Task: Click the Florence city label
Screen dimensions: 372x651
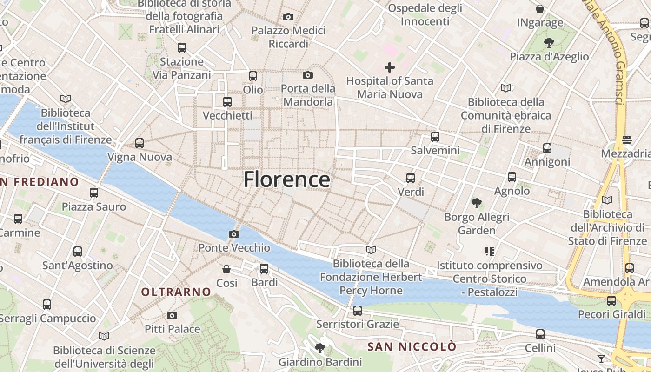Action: pyautogui.click(x=287, y=179)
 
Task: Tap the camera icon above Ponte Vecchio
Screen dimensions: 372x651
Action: pyautogui.click(x=234, y=234)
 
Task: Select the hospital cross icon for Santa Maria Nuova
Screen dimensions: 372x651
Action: pyautogui.click(x=390, y=67)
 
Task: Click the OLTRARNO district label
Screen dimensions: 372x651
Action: pyautogui.click(x=176, y=292)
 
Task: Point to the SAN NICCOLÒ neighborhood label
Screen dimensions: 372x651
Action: pyautogui.click(x=412, y=346)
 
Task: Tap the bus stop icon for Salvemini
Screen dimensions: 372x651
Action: pyautogui.click(x=435, y=137)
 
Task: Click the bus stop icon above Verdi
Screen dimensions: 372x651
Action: pyautogui.click(x=411, y=178)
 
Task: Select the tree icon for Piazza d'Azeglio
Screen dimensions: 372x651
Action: pyautogui.click(x=549, y=43)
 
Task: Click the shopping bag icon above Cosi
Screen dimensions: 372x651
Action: pyautogui.click(x=226, y=269)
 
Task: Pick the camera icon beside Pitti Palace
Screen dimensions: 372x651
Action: pyautogui.click(x=172, y=315)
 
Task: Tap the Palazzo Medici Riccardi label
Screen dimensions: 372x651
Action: pyautogui.click(x=288, y=37)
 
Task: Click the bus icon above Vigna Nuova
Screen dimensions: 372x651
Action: pyautogui.click(x=139, y=143)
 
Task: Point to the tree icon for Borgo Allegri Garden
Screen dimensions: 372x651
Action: pyautogui.click(x=476, y=203)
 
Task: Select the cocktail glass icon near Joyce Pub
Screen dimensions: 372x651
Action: pyautogui.click(x=601, y=359)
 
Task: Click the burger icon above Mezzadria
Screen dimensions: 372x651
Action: pyautogui.click(x=627, y=140)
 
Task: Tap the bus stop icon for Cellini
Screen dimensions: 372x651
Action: pyautogui.click(x=540, y=334)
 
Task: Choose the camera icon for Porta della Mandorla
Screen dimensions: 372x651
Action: pyautogui.click(x=307, y=75)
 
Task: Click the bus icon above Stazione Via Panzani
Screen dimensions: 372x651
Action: pyautogui.click(x=182, y=47)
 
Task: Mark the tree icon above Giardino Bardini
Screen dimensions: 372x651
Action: pyautogui.click(x=319, y=348)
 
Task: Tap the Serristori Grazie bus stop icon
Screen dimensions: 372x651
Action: pyautogui.click(x=358, y=310)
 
